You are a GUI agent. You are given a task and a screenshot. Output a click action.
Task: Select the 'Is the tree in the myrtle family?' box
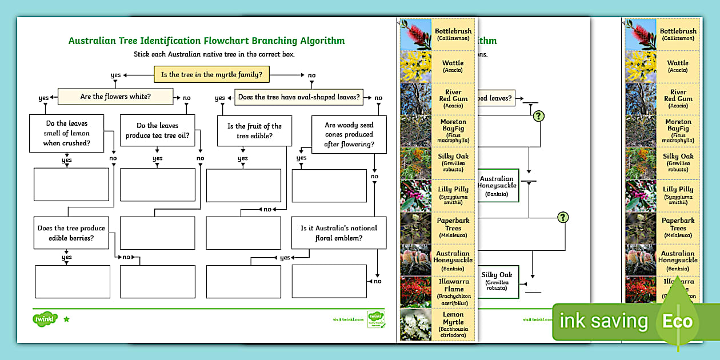211,74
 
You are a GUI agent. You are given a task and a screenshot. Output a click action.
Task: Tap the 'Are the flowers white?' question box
115,96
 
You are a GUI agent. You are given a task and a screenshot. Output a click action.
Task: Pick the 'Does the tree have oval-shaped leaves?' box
299,97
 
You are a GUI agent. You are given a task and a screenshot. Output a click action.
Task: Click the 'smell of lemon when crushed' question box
66,133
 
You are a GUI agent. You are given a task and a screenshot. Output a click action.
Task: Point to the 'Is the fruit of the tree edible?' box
254,131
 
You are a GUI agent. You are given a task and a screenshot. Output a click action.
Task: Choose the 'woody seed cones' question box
349,134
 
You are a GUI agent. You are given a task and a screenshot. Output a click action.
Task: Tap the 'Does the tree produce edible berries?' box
71,233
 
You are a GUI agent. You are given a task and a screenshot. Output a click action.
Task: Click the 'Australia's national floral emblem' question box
338,233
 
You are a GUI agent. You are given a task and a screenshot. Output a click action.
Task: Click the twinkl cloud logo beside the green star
45,319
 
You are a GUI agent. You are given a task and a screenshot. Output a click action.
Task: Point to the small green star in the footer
66,319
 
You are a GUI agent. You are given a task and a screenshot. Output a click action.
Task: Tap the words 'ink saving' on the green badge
603,322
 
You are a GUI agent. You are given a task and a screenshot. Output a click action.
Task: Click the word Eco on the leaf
677,321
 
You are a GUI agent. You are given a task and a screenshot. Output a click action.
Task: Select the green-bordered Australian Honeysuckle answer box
497,186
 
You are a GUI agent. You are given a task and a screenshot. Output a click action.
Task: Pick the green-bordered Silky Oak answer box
497,281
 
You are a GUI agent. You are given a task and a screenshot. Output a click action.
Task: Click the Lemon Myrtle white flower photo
415,324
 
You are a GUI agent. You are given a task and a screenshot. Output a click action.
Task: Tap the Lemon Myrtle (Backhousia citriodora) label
454,324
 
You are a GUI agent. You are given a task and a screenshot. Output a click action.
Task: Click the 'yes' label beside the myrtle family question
115,75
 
